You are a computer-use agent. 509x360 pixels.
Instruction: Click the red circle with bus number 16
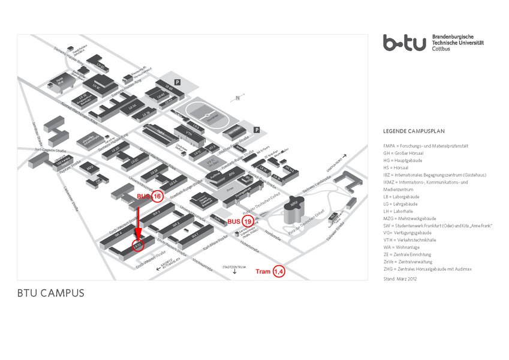pos(157,196)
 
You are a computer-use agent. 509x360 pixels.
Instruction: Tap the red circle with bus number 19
pos(246,221)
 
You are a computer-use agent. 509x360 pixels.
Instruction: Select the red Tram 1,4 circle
pos(279,271)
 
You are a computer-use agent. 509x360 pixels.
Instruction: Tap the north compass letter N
pos(238,98)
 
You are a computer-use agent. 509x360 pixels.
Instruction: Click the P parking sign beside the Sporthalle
pos(257,130)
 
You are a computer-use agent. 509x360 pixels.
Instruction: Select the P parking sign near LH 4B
pos(177,82)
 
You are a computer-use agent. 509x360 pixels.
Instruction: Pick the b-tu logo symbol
pos(405,43)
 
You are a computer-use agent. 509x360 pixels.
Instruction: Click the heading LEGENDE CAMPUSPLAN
pos(414,131)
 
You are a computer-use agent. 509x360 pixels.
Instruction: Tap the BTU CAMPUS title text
pos(50,294)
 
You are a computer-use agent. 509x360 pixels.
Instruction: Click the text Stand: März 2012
pos(399,278)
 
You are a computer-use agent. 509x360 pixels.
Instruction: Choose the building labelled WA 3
pos(155,212)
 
